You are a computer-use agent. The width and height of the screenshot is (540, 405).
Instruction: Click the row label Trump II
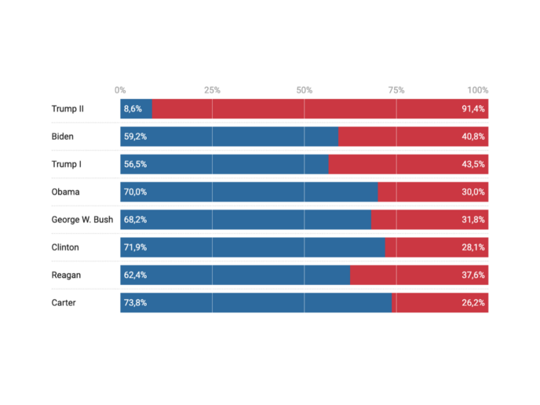point(67,108)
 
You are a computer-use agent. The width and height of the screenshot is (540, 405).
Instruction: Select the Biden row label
point(63,137)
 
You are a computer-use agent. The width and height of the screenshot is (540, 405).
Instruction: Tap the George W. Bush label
point(82,220)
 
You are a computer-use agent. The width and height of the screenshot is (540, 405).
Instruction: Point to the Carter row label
point(64,302)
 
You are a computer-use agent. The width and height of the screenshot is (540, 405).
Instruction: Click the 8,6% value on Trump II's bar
point(133,108)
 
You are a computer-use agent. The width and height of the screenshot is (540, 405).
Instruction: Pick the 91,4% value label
point(473,108)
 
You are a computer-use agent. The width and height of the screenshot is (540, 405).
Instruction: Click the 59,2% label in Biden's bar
point(135,137)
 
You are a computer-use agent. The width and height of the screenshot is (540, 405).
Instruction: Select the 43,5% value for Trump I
point(473,164)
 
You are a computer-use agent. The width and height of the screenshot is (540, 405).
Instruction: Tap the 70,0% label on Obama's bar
point(135,192)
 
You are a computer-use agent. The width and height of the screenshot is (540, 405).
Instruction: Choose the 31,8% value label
point(473,220)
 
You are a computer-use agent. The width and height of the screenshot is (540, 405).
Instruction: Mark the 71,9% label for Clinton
point(135,247)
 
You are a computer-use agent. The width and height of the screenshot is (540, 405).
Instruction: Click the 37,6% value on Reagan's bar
point(473,275)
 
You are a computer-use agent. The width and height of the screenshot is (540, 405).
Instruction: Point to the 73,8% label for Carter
point(135,302)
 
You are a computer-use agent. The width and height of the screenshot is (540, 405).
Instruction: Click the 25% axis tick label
point(212,90)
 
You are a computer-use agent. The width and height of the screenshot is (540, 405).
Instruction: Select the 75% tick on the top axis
point(396,90)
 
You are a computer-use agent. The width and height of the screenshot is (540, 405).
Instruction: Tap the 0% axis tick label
point(120,90)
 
